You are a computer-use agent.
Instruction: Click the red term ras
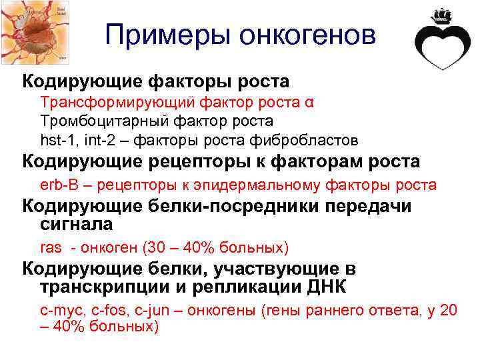51,248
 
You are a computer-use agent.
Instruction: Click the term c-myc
61,311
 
